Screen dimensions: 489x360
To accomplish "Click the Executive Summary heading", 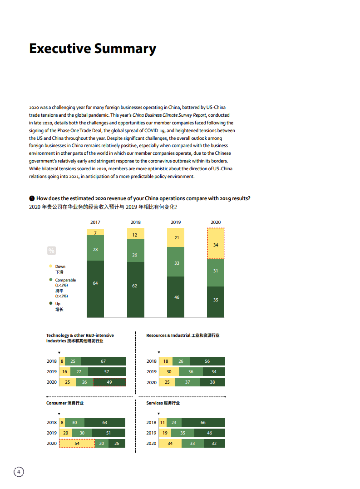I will coord(93,49).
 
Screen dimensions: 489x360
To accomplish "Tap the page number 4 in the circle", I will coord(19,472).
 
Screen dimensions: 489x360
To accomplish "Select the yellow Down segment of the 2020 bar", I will coord(216,244).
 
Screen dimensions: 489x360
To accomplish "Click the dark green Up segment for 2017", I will coord(95,289).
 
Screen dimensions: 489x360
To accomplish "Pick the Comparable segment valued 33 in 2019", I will coord(176,262).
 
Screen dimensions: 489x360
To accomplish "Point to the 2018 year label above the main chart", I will coord(135,222).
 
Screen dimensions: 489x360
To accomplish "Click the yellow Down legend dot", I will coord(50,267).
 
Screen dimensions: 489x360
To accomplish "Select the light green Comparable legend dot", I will coord(50,280).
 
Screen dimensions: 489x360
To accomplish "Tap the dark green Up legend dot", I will coord(50,303).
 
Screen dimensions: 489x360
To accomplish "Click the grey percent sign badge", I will coord(51,250).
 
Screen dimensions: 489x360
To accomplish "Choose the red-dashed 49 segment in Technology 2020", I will coord(109,382).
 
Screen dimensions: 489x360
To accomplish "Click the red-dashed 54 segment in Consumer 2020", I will coord(77,443).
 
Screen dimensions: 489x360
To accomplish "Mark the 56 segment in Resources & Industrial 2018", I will coord(207,361).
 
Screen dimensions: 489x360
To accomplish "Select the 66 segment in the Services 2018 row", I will coord(203,422).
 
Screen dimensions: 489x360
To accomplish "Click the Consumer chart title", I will coord(64,403).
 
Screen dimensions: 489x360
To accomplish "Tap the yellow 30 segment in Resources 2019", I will coord(168,372).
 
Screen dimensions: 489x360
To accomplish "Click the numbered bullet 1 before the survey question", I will coord(32,198).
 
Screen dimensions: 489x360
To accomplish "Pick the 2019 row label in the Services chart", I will coord(151,433).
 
